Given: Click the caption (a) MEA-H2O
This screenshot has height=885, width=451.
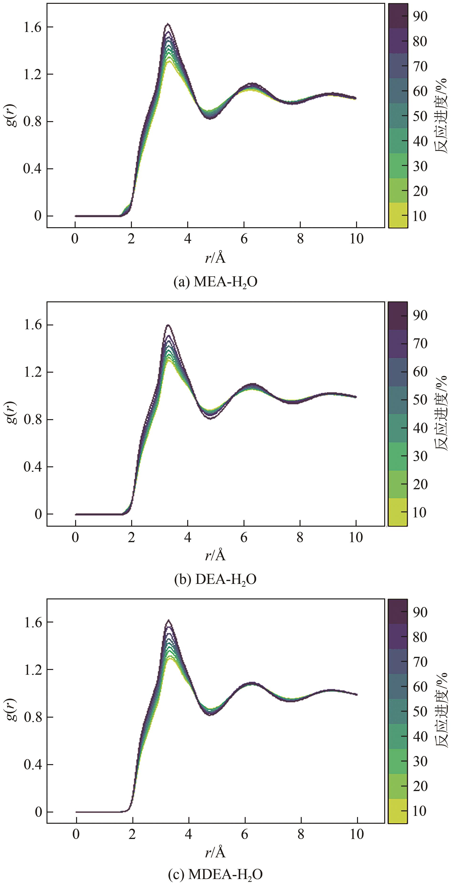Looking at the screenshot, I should click(216, 282).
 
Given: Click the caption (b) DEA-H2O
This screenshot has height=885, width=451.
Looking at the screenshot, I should click(216, 580).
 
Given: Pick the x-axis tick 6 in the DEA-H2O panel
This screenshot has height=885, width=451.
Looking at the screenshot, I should click(244, 537).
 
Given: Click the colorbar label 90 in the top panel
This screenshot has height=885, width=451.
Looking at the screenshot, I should click(420, 16).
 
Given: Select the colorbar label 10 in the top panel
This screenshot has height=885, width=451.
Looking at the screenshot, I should click(420, 216).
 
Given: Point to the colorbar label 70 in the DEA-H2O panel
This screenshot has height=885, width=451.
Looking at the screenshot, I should click(420, 343).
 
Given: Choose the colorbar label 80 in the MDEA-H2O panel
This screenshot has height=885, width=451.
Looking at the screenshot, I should click(420, 637).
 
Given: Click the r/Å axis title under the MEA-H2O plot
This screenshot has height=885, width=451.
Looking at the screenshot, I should click(216, 258).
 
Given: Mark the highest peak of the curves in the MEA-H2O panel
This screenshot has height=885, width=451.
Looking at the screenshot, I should click(167, 24).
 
